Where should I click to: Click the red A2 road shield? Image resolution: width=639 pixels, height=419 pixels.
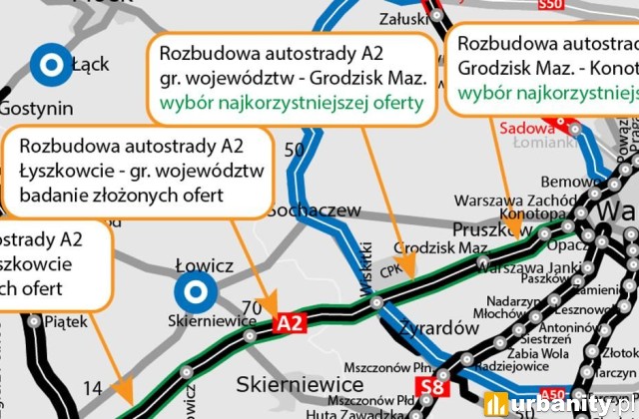pyautogui.click(x=289, y=323)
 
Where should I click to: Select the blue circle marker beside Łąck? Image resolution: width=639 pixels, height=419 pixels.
pyautogui.click(x=48, y=65)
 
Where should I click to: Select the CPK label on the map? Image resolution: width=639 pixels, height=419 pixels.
pyautogui.click(x=396, y=268)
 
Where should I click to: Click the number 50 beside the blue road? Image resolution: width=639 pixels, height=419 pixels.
pyautogui.click(x=294, y=151)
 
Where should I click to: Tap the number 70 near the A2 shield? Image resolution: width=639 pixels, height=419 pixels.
pyautogui.click(x=252, y=305)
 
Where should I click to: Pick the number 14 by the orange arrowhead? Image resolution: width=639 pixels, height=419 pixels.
pyautogui.click(x=92, y=387)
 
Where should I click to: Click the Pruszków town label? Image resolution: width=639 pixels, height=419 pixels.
pyautogui.click(x=491, y=229)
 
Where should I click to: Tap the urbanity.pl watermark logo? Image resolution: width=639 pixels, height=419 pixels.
pyautogui.click(x=559, y=404)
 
